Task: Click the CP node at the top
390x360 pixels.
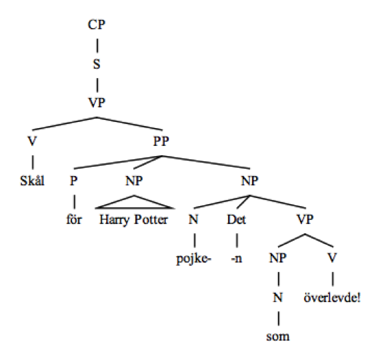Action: pyautogui.click(x=97, y=25)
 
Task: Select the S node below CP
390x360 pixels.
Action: pyautogui.click(x=97, y=64)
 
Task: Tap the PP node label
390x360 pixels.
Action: pyautogui.click(x=161, y=141)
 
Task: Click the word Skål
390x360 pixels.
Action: pyautogui.click(x=33, y=181)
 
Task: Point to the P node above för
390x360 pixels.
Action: pyautogui.click(x=73, y=181)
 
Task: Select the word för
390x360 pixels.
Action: pyautogui.click(x=74, y=219)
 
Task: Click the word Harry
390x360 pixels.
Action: pyautogui.click(x=115, y=220)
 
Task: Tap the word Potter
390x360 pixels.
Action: pyautogui.click(x=151, y=219)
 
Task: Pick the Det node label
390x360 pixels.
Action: pyautogui.click(x=236, y=219)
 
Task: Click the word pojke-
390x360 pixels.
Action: pyautogui.click(x=194, y=259)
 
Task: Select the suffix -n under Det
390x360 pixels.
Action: pyautogui.click(x=237, y=259)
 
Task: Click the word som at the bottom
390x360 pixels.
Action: pyautogui.click(x=278, y=337)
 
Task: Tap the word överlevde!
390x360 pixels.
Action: pyautogui.click(x=332, y=297)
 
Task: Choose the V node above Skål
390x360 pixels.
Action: pyautogui.click(x=32, y=141)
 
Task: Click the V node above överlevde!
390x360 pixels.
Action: pyautogui.click(x=332, y=258)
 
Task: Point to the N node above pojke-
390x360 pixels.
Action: pyautogui.click(x=193, y=219)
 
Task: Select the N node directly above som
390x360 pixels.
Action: pyautogui.click(x=278, y=297)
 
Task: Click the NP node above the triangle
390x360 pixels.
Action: pyautogui.click(x=134, y=181)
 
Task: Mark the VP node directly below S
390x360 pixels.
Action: pyautogui.click(x=97, y=103)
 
